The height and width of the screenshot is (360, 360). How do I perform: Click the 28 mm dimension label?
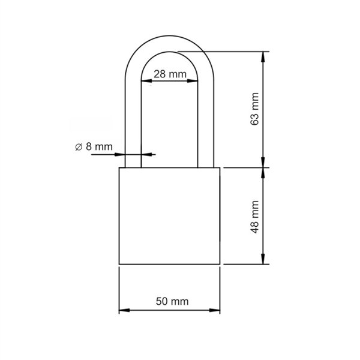click(170, 74)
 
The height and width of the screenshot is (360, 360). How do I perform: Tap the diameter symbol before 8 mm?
click(78, 146)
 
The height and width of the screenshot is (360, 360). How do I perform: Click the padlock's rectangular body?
click(170, 216)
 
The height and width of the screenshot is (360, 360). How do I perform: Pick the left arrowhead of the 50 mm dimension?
click(123, 311)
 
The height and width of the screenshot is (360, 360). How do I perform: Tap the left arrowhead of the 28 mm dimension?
click(145, 82)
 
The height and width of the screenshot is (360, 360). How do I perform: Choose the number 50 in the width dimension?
click(162, 302)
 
